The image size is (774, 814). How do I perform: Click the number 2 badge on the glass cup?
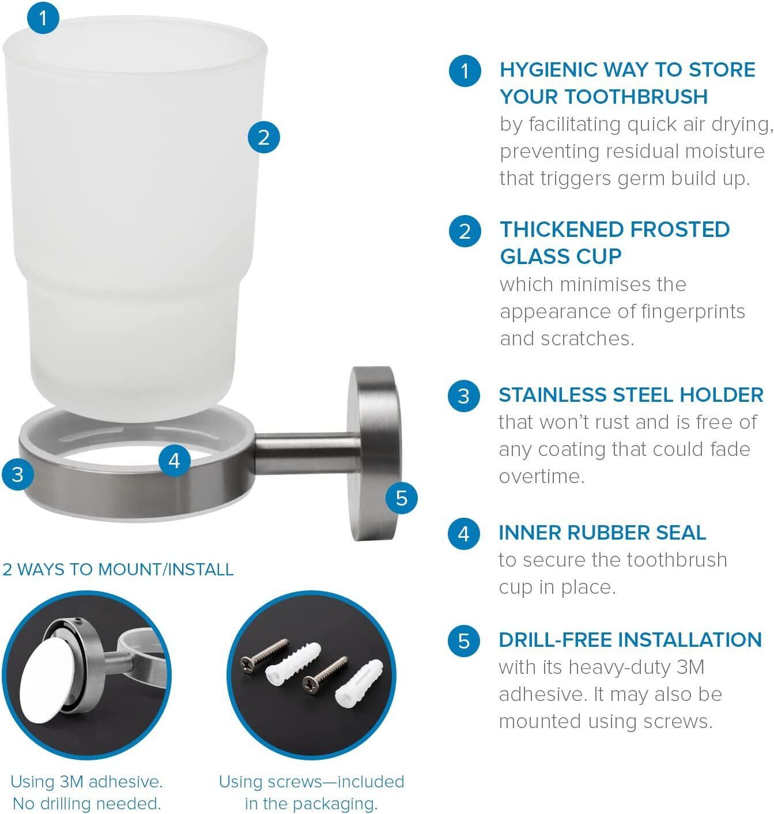pos(263,137)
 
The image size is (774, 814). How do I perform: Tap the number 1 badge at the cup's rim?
pos(43,18)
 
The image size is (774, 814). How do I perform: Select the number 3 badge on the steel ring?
pos(18,474)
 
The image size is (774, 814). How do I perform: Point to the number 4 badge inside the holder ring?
pos(174,461)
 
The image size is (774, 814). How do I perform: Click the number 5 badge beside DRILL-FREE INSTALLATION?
pos(463,640)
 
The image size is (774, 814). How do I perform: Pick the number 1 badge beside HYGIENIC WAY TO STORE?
pos(465,71)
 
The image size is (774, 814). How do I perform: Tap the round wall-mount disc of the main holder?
pos(375,453)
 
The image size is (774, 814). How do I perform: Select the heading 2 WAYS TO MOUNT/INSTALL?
pos(118,570)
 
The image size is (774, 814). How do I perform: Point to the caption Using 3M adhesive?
pos(86,782)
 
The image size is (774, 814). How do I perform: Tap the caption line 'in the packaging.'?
pos(311,804)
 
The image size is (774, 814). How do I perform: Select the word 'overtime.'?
pos(541,476)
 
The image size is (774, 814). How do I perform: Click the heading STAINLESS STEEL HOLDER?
pos(631,394)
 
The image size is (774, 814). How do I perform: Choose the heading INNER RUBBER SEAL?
pos(602,533)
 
